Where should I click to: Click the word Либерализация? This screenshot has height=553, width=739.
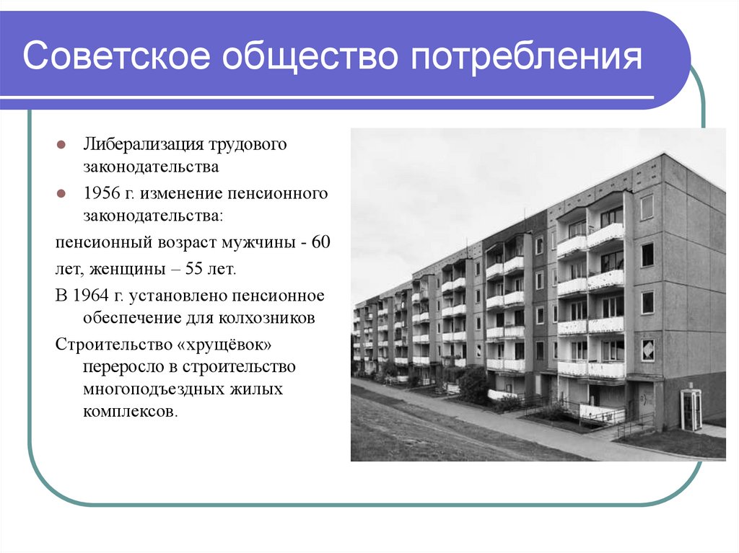(x=134, y=144)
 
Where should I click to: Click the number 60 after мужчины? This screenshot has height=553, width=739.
(x=320, y=242)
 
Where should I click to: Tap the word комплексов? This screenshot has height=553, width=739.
(x=128, y=413)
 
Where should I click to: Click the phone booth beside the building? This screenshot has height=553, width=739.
(x=691, y=410)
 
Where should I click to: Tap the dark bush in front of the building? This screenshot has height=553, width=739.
(x=473, y=386)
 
